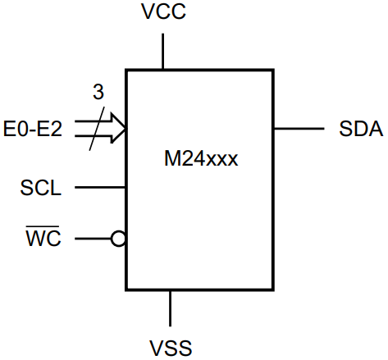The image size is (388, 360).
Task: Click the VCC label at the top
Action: point(164,14)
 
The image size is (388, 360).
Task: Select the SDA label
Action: point(360,130)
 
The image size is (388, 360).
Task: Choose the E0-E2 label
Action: point(33,129)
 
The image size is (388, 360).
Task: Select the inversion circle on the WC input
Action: point(119,239)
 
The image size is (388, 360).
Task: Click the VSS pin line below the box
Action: point(171,308)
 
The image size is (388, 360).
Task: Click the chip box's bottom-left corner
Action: point(126,289)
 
